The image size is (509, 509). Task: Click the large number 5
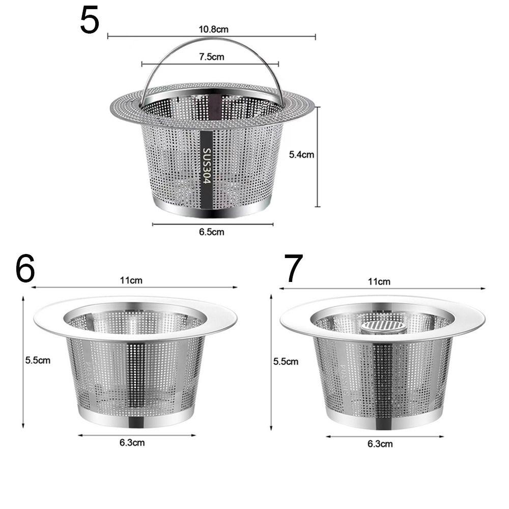90,21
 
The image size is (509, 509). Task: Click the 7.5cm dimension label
211,57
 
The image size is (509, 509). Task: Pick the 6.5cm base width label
212,232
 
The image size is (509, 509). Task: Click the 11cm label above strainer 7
379,281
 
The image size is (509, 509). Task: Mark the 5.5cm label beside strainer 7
286,361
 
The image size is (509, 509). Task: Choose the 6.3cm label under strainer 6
132,442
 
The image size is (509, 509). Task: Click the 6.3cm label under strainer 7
380,443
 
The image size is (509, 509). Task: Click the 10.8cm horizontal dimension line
153,36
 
